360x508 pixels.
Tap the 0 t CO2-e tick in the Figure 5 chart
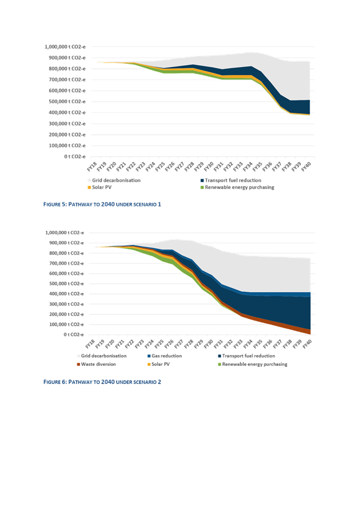pos(73,156)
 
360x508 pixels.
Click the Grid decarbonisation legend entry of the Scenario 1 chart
pos(116,180)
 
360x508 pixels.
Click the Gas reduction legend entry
pos(166,356)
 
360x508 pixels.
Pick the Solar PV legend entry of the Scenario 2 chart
pos(164,365)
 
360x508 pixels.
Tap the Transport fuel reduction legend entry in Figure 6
pos(248,356)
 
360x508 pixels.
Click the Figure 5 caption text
pos(102,204)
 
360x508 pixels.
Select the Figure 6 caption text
pos(102,382)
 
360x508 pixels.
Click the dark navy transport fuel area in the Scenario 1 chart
pos(299,107)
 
